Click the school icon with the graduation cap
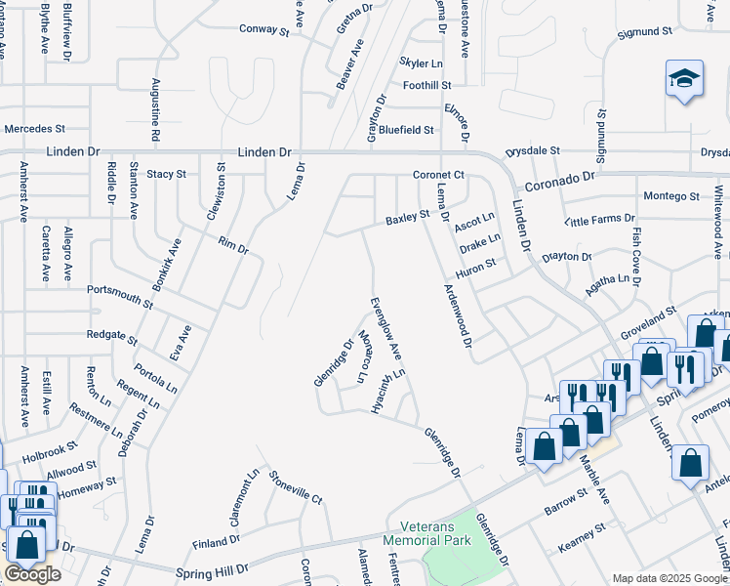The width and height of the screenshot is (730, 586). [x=684, y=80]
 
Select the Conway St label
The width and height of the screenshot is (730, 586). [x=264, y=30]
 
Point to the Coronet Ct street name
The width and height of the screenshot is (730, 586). [x=435, y=175]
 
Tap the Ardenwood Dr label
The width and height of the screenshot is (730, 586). [x=459, y=317]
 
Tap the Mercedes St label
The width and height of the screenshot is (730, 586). [x=34, y=128]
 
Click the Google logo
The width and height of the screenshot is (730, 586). [x=31, y=574]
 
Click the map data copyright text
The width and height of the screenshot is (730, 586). [x=669, y=578]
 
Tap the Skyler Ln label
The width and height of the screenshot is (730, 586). [x=421, y=63]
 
